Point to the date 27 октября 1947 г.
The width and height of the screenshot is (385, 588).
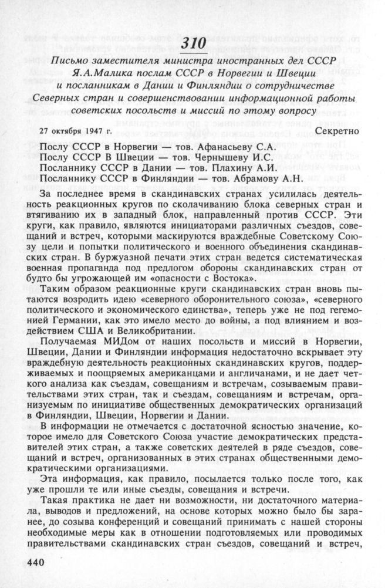click(x=79, y=130)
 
